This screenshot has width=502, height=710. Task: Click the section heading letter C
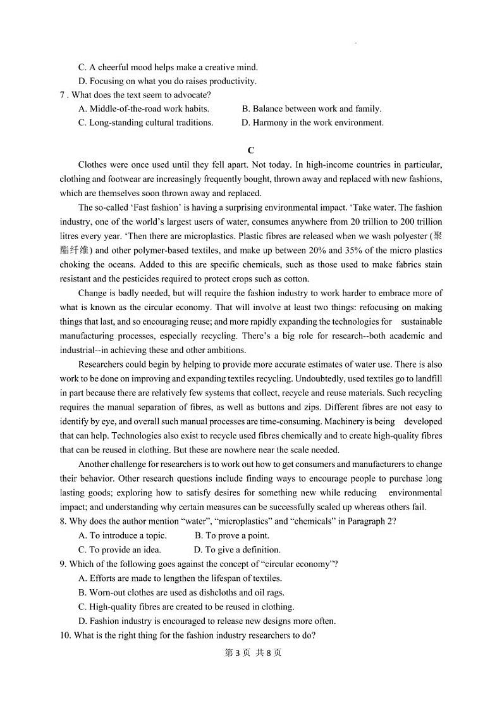pyautogui.click(x=251, y=151)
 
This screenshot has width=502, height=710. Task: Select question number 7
pyautogui.click(x=63, y=95)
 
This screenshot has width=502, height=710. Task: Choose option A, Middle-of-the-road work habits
pyautogui.click(x=144, y=109)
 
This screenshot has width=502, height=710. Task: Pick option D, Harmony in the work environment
pyautogui.click(x=312, y=123)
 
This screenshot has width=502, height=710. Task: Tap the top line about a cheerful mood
pyautogui.click(x=168, y=67)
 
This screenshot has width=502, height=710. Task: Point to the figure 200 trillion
pyautogui.click(x=416, y=222)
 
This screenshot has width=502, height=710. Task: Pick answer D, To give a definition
pyautogui.click(x=237, y=550)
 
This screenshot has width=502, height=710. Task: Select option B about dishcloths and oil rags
pyautogui.click(x=181, y=593)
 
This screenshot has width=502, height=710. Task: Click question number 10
pyautogui.click(x=66, y=635)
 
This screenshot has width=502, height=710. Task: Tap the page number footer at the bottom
pyautogui.click(x=250, y=653)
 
